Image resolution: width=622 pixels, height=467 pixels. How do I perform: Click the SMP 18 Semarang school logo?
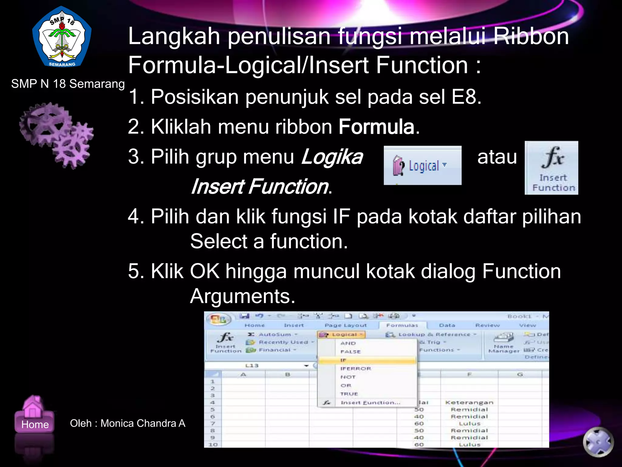click(x=62, y=37)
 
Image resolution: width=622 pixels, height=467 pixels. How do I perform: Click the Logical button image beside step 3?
click(x=422, y=165)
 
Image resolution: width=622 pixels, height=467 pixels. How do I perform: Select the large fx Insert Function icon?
click(x=551, y=168)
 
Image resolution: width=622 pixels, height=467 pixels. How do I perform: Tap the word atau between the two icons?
click(x=497, y=157)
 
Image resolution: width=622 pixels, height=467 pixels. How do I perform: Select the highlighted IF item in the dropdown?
click(x=367, y=360)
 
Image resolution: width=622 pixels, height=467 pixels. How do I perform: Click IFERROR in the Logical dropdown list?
click(x=356, y=368)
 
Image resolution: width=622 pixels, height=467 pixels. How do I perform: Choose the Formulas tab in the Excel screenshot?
click(x=402, y=325)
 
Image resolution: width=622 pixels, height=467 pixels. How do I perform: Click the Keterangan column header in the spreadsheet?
click(x=469, y=403)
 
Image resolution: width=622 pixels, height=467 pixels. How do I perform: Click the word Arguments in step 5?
click(x=242, y=296)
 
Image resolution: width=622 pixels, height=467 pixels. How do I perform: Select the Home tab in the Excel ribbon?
click(x=255, y=325)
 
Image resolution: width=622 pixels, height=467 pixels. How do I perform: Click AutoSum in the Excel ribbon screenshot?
click(x=275, y=334)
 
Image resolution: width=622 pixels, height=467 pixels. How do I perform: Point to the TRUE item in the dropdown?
click(x=349, y=394)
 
